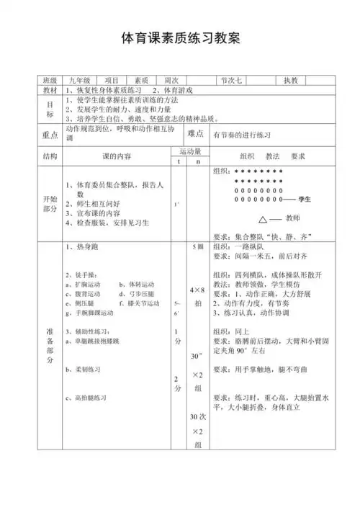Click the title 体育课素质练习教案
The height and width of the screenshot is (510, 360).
pos(179,36)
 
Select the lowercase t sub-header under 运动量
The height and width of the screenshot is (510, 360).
pos(178,161)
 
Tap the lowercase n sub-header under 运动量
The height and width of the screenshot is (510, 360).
pos(198,161)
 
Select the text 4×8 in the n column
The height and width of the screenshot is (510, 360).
pos(198,289)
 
